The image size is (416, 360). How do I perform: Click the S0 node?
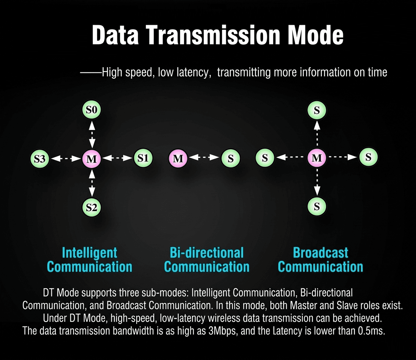[92, 109]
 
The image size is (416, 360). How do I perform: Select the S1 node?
[143, 158]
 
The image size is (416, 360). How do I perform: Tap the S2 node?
[92, 207]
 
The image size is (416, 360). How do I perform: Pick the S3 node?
[40, 159]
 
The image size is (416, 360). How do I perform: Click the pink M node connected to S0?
[92, 159]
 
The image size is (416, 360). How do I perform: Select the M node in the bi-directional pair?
[178, 158]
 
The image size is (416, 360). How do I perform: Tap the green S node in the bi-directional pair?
[231, 158]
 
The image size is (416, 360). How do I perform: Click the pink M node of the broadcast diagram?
[317, 157]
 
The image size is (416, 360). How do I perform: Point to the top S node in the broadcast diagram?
[317, 110]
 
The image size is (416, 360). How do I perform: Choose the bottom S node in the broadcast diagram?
[317, 206]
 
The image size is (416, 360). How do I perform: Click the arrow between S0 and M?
[92, 134]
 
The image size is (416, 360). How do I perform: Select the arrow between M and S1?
[117, 158]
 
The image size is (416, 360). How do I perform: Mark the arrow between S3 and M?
[66, 159]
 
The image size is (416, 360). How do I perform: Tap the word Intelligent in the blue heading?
[89, 252]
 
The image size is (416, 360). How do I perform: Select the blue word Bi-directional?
[207, 252]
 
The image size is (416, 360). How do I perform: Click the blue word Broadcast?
[320, 252]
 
